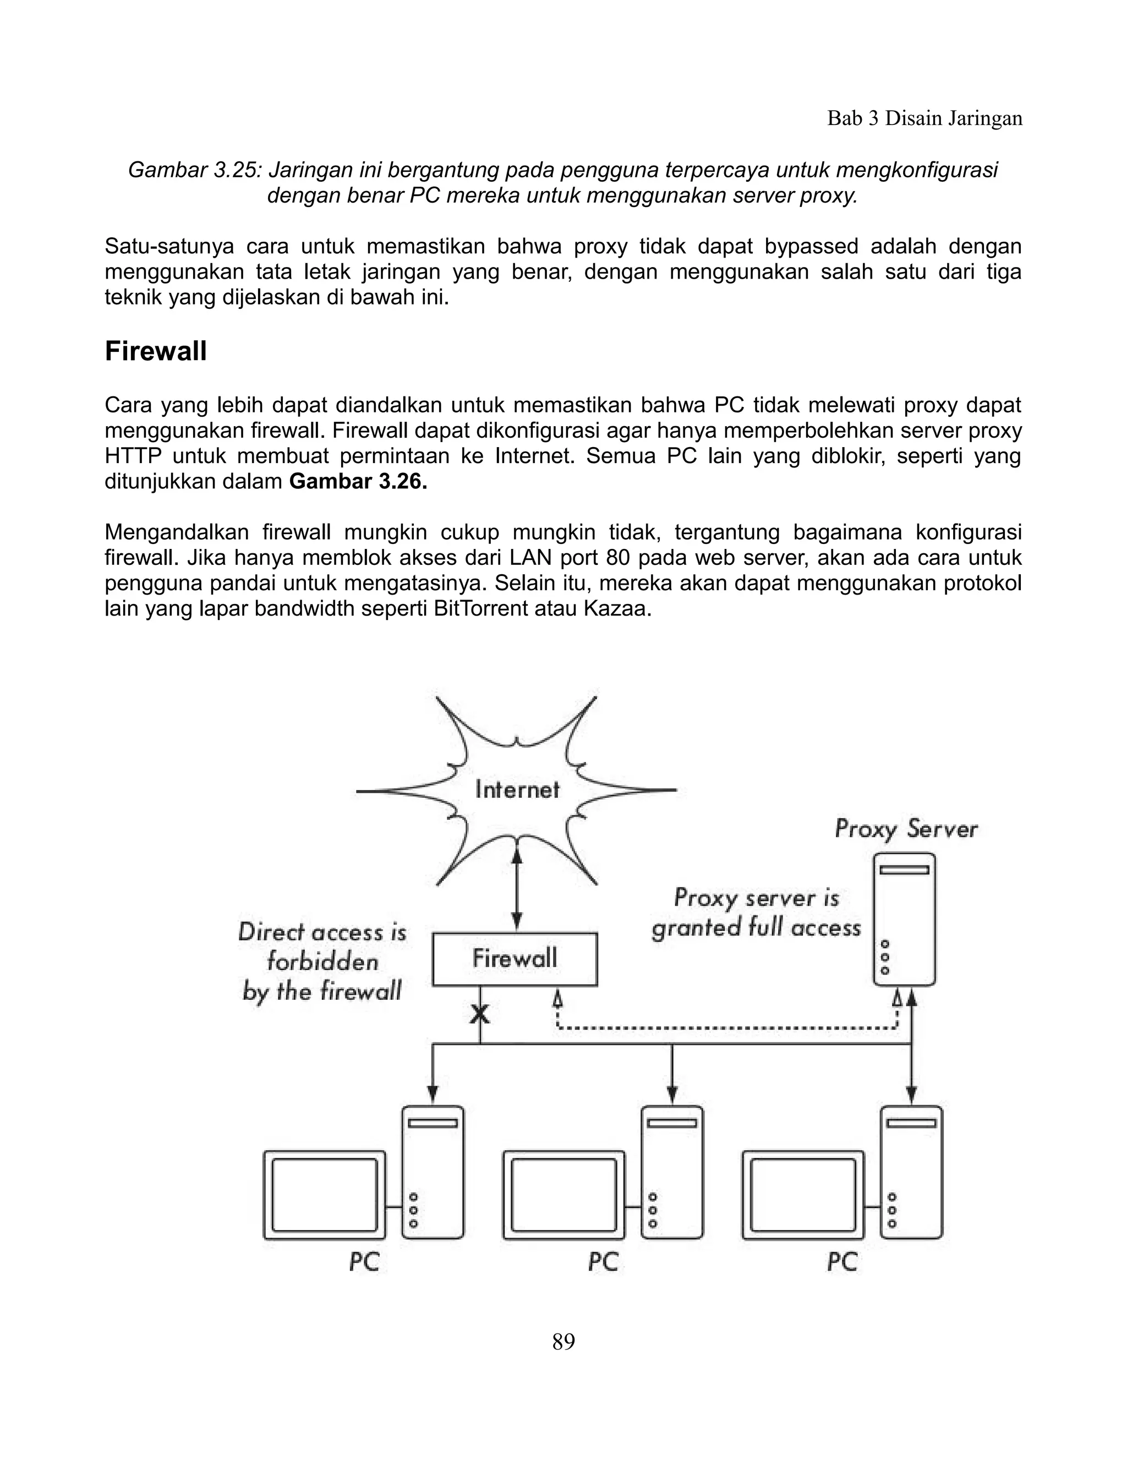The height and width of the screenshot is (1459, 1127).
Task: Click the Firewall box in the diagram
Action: [515, 959]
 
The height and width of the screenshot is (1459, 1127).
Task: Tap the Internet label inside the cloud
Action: [517, 790]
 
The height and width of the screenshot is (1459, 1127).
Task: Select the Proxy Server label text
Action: [906, 829]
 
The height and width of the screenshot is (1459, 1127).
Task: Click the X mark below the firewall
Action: [479, 1014]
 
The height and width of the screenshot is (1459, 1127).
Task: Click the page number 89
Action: [563, 1341]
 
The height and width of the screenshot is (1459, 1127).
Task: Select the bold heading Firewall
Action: [156, 351]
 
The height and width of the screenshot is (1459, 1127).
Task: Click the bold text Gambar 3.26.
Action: [358, 482]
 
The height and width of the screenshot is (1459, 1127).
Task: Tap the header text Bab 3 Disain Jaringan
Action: [924, 118]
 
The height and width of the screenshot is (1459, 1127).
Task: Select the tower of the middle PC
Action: [672, 1172]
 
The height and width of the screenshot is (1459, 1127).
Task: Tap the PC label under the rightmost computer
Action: [842, 1262]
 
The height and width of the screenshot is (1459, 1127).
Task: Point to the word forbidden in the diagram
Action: [322, 962]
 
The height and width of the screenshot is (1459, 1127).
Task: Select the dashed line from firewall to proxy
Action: [727, 1028]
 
